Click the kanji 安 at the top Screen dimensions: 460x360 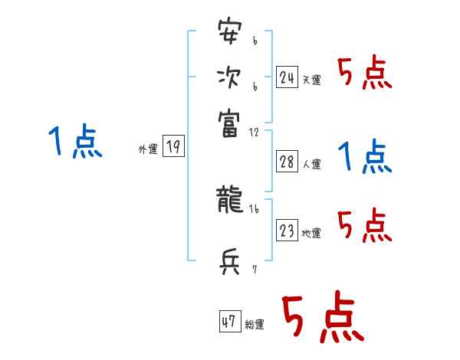coord(229,35)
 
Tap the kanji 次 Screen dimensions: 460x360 coord(229,78)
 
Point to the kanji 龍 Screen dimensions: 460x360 coord(229,201)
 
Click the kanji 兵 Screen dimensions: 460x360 coord(229,263)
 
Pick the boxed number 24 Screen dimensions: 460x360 coord(287,77)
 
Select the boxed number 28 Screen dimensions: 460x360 coord(287,162)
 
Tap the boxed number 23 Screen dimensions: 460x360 coord(287,231)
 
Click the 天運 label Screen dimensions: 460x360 coord(311,80)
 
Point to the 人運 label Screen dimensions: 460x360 coord(311,164)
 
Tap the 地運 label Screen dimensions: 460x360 coord(311,234)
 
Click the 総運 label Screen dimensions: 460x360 coord(254,325)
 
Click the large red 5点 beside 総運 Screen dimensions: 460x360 coord(321,319)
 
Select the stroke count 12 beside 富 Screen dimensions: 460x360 coord(254,132)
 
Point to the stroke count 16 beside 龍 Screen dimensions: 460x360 coord(254,208)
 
